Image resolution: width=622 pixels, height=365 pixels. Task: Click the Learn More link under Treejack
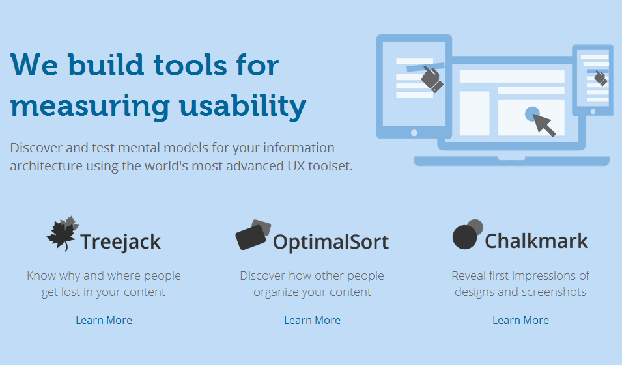pos(104,320)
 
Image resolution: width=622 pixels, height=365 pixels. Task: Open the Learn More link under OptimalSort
pos(312,320)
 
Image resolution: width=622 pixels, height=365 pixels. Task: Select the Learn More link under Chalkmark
pos(520,320)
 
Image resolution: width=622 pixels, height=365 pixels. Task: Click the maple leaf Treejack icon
pos(63,234)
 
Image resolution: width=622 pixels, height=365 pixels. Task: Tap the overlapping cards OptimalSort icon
pos(253,235)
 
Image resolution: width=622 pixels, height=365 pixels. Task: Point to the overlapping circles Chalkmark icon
pos(467,234)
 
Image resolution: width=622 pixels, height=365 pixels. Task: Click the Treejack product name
pos(120,242)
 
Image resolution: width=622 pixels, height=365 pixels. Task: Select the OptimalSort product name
pos(331,242)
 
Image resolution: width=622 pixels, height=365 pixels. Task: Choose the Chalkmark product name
pos(536,241)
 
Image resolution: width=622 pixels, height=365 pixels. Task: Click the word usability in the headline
pos(242,106)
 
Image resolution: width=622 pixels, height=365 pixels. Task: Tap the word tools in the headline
pos(190,65)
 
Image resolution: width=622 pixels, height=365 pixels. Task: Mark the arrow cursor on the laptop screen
pos(544,124)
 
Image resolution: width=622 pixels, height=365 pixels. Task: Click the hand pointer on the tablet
pos(432,79)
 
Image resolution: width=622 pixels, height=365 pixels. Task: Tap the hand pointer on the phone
pos(601,78)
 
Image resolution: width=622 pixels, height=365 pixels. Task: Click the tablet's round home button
pos(414,133)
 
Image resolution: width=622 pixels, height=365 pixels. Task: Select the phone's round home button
pos(593,112)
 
